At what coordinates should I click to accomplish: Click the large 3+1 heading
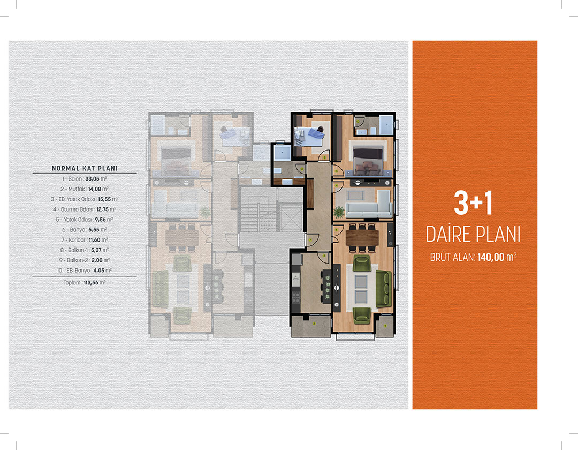(473, 203)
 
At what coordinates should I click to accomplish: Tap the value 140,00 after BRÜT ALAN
(491, 257)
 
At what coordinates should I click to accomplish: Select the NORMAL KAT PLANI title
(85, 168)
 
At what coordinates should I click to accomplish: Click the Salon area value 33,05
(92, 179)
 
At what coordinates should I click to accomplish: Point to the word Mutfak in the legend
(77, 189)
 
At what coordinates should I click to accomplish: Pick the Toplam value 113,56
(90, 283)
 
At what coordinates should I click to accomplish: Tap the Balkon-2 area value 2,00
(97, 260)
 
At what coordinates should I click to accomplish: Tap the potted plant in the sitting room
(339, 212)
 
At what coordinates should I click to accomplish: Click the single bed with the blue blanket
(309, 136)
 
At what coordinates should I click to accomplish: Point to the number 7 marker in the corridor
(310, 240)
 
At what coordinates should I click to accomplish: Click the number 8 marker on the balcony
(314, 324)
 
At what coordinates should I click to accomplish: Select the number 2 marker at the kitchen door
(324, 256)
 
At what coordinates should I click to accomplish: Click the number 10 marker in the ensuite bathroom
(358, 121)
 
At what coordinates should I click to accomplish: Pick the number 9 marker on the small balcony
(385, 326)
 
